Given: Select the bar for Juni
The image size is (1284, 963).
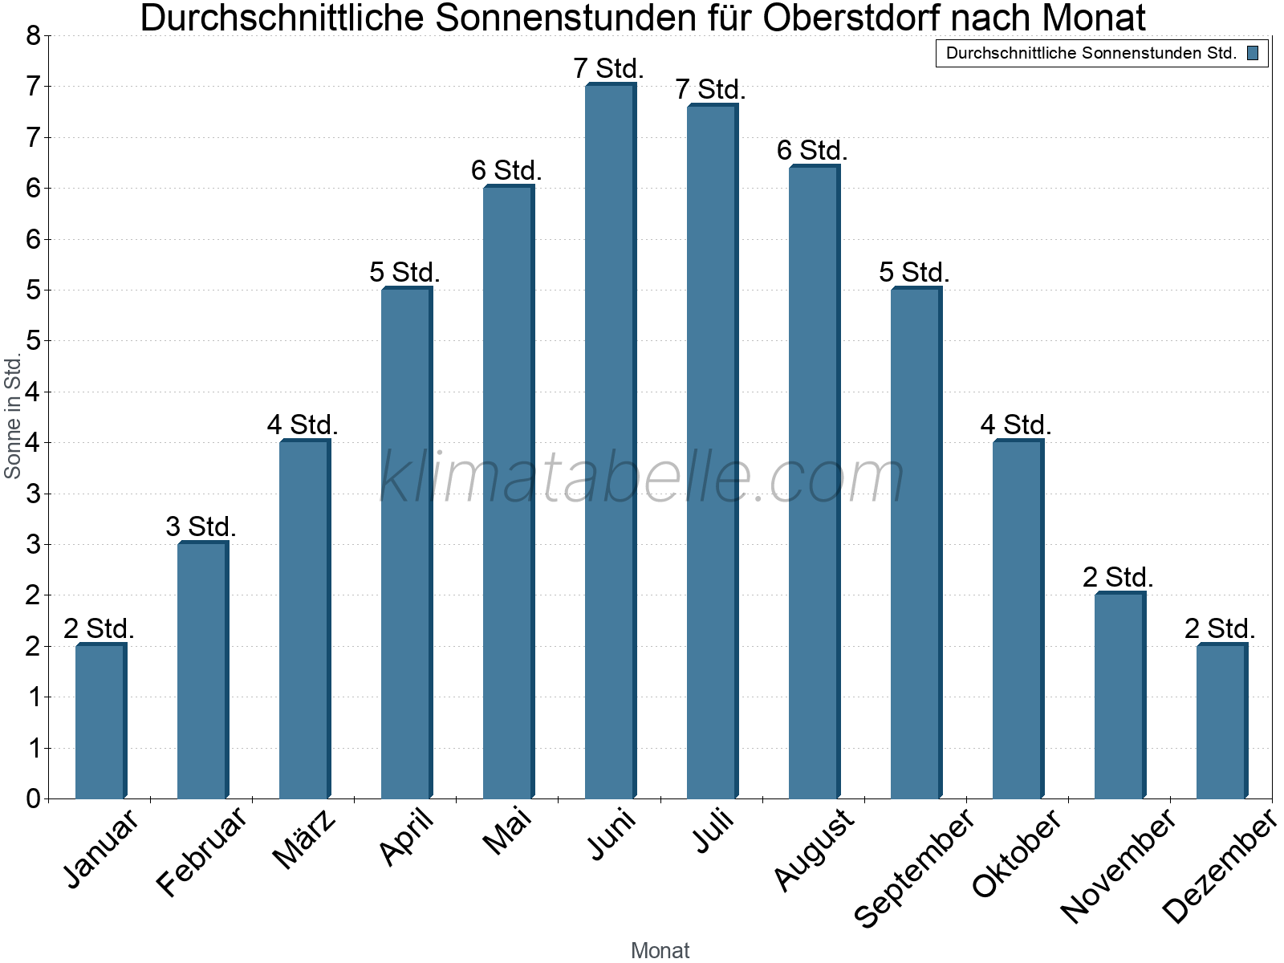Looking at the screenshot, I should click(x=610, y=441).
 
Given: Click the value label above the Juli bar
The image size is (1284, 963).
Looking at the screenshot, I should click(x=710, y=89).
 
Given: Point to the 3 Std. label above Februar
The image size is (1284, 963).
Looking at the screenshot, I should click(x=201, y=526).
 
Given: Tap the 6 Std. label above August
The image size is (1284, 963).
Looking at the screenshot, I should click(x=812, y=150).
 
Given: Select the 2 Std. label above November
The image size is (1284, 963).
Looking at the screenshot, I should click(x=1118, y=577).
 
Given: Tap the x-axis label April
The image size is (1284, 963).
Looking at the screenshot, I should click(x=408, y=836).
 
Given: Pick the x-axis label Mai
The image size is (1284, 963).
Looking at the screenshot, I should click(x=507, y=831).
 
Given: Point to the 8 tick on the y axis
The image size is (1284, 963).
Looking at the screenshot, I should click(x=33, y=35).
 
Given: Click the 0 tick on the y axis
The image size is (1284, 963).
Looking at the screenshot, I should click(x=33, y=798).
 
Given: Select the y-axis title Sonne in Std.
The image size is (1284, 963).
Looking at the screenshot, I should click(x=13, y=417).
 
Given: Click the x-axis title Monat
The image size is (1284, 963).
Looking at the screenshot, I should click(x=660, y=950).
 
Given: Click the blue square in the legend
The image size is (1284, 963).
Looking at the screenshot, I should click(x=1253, y=53).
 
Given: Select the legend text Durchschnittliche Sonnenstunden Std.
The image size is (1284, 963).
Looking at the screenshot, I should click(x=1091, y=53).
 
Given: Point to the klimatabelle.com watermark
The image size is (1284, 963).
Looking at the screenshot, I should click(x=642, y=477).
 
